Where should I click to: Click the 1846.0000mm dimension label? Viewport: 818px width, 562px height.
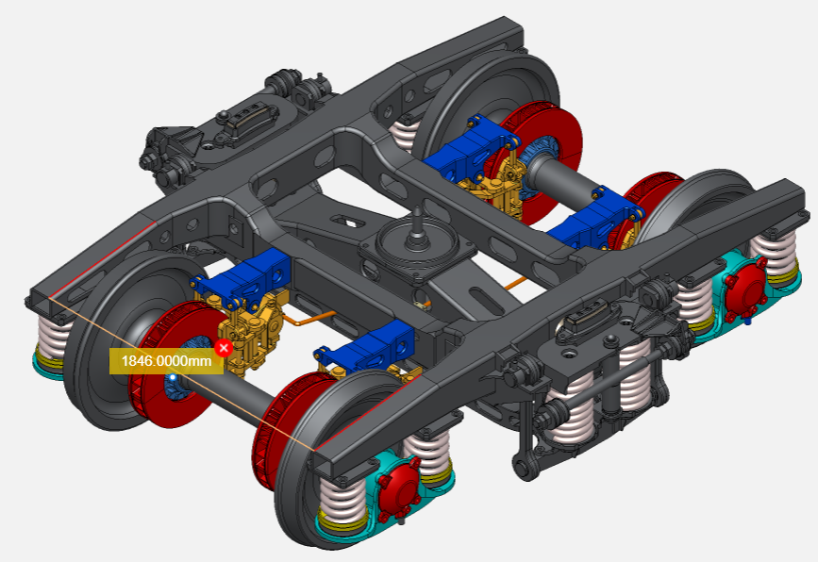click(x=166, y=361)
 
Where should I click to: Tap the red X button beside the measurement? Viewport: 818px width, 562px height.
click(x=224, y=348)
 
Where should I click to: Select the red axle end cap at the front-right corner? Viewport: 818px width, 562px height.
click(x=399, y=487)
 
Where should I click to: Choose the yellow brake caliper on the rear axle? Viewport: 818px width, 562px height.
click(x=493, y=189)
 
